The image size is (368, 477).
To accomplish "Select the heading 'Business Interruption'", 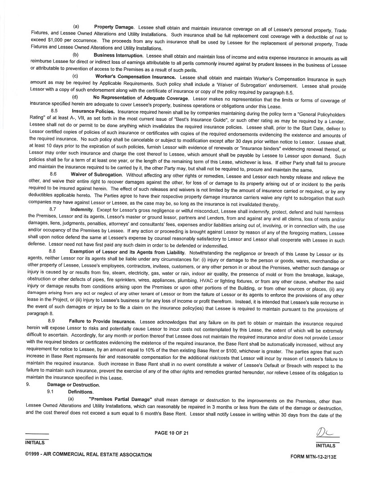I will (x=118, y=55).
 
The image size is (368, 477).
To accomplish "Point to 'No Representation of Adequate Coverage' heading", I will (x=140, y=98).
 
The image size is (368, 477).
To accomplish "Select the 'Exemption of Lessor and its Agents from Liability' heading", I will (x=128, y=251).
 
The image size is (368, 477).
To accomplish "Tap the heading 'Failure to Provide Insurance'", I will (x=102, y=321).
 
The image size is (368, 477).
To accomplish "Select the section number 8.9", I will (x=51, y=321).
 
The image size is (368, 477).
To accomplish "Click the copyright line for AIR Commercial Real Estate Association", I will (x=89, y=455).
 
